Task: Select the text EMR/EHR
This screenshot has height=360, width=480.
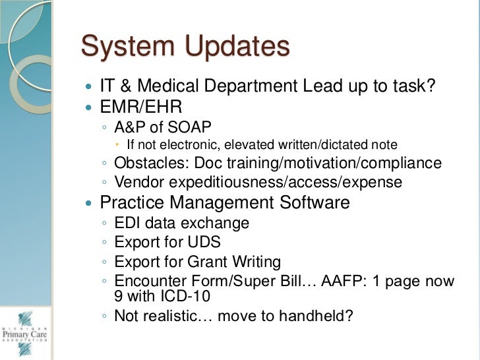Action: (141, 106)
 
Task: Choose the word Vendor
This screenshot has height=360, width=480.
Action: (137, 183)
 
